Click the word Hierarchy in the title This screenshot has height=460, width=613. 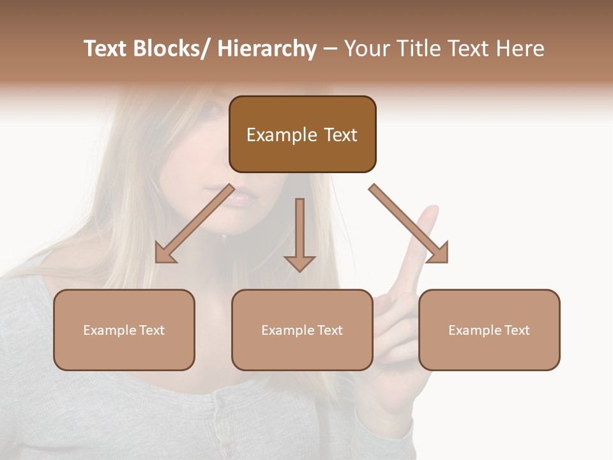[267, 49]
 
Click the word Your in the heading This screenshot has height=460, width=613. [366, 49]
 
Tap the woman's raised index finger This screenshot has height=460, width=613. [427, 224]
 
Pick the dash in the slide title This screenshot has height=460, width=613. [330, 49]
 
